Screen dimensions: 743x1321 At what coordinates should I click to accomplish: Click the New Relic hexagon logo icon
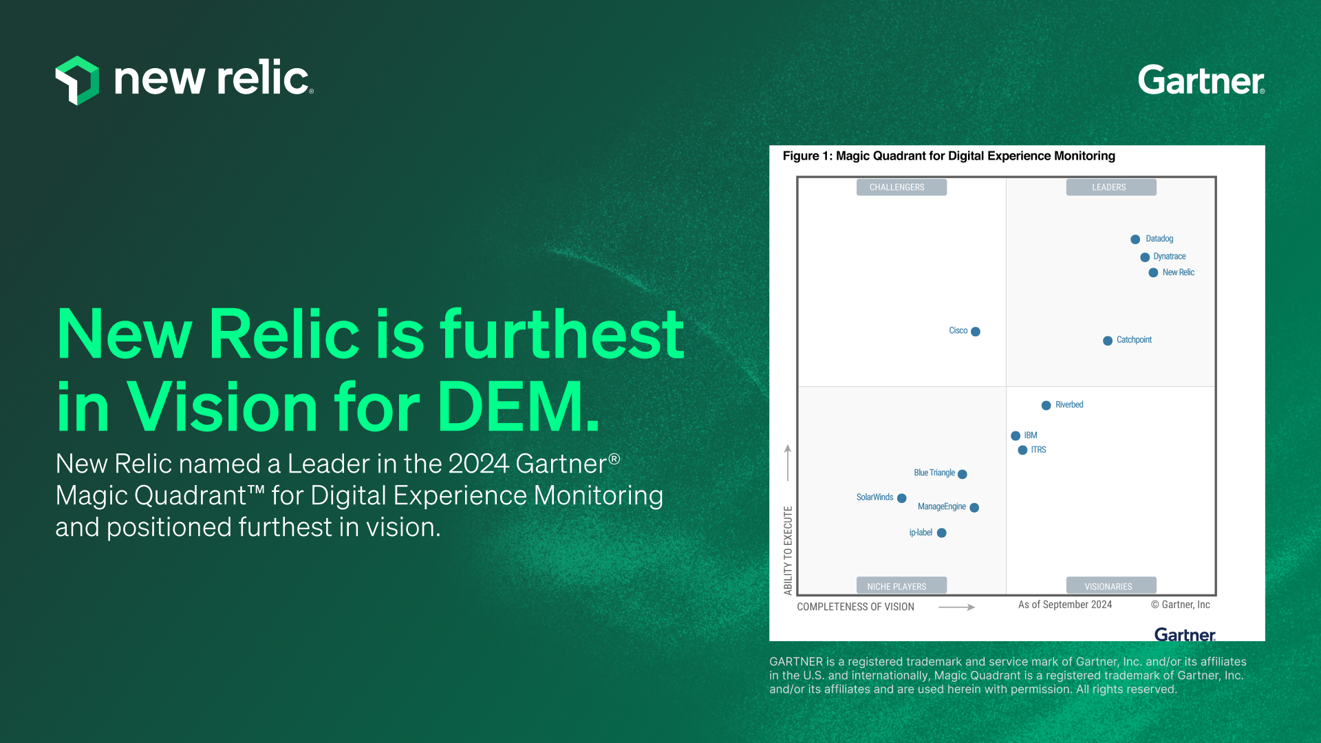click(77, 80)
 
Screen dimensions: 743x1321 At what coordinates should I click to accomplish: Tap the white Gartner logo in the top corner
click(1201, 80)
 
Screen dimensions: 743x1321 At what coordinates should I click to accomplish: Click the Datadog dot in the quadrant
click(1135, 239)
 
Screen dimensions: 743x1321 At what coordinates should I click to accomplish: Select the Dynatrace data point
click(1145, 257)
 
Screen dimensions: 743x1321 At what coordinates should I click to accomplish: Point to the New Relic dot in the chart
click(1153, 273)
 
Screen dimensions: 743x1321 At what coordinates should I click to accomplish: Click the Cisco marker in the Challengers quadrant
click(976, 332)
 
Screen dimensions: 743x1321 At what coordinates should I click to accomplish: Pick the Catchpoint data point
click(1108, 341)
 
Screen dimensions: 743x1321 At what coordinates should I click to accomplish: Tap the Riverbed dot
click(1046, 405)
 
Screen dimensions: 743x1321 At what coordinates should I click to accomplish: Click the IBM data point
click(1016, 436)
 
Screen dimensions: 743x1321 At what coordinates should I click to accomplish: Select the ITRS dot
click(1022, 451)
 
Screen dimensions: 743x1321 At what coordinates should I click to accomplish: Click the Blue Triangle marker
click(963, 474)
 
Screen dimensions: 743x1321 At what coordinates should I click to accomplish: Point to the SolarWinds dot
click(902, 498)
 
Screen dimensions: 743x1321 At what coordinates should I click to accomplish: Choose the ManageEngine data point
click(974, 508)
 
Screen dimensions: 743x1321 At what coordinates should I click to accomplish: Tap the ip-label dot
click(942, 533)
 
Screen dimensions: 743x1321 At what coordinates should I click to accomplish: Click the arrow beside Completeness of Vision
click(956, 607)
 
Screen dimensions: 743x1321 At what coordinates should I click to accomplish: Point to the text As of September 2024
click(1064, 605)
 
